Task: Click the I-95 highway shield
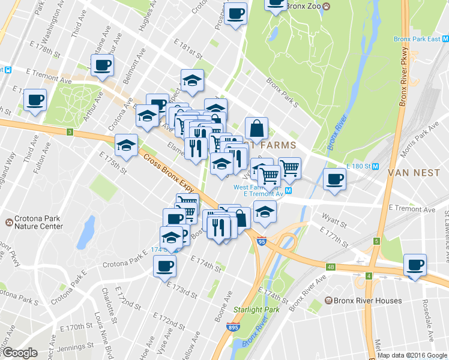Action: [x=260, y=241]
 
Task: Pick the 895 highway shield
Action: [x=234, y=328]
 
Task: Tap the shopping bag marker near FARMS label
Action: [x=256, y=128]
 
